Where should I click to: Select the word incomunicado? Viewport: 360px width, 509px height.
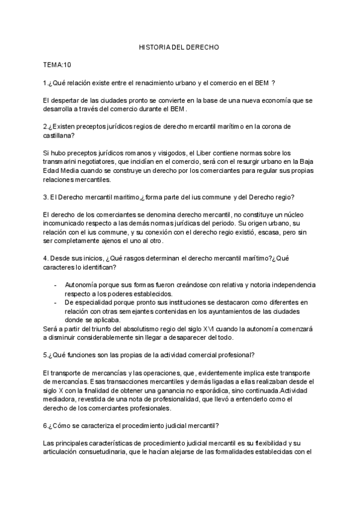pos(67,224)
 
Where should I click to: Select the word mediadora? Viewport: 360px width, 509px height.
pos(62,400)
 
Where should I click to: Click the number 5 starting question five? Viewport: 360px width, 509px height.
pos(45,355)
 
